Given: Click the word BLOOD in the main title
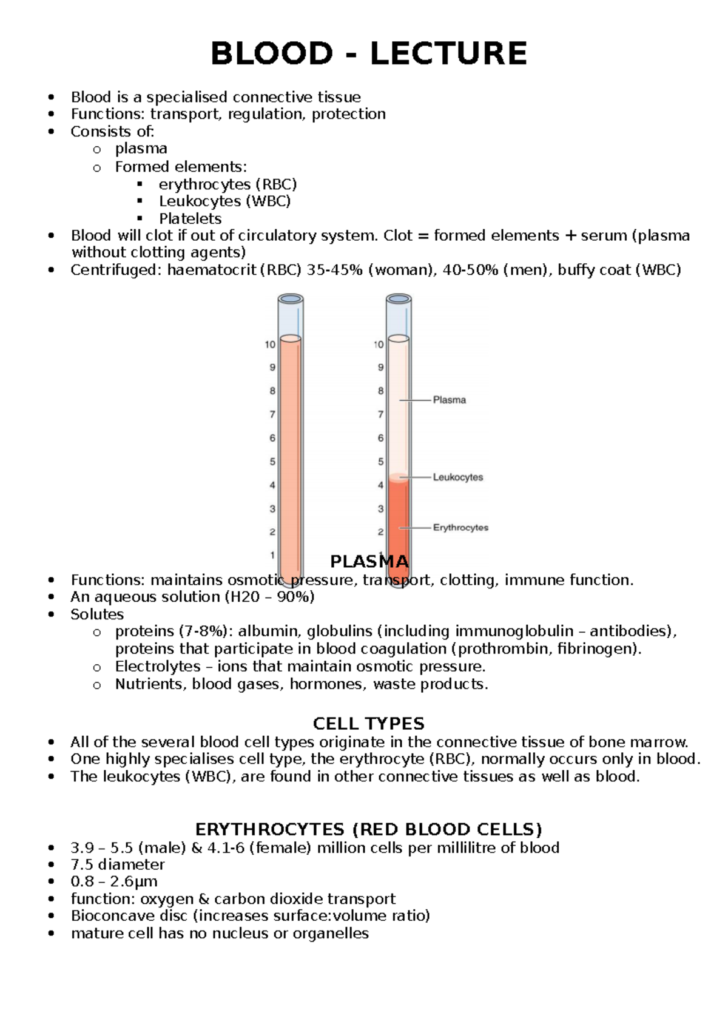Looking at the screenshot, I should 271,53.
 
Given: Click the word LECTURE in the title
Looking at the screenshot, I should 448,53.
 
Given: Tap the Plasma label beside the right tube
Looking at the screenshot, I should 449,400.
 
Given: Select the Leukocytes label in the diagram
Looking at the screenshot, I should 457,477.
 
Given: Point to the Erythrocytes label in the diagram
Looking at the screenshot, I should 460,528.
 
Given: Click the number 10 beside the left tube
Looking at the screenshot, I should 270,345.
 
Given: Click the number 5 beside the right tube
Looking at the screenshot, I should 381,462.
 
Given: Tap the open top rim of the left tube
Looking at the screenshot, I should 291,299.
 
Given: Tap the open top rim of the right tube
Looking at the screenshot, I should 399,299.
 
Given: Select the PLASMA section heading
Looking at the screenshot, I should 369,561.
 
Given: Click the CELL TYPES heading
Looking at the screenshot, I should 368,724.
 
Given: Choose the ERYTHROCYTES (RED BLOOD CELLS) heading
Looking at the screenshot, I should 368,829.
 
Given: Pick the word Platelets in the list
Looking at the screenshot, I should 190,218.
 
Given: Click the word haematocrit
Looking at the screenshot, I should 212,270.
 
